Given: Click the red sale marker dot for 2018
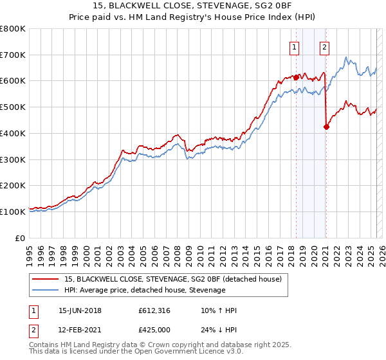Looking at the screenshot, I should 296,77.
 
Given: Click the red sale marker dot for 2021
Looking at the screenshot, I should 326,127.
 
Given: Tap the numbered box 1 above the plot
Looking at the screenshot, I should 294,46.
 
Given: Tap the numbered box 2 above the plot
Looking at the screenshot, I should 324,46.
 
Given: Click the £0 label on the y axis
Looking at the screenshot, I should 21,238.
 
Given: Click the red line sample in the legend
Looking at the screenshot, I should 46,279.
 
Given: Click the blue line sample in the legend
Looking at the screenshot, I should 46,290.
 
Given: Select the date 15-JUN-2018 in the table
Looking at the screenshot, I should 80,310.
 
